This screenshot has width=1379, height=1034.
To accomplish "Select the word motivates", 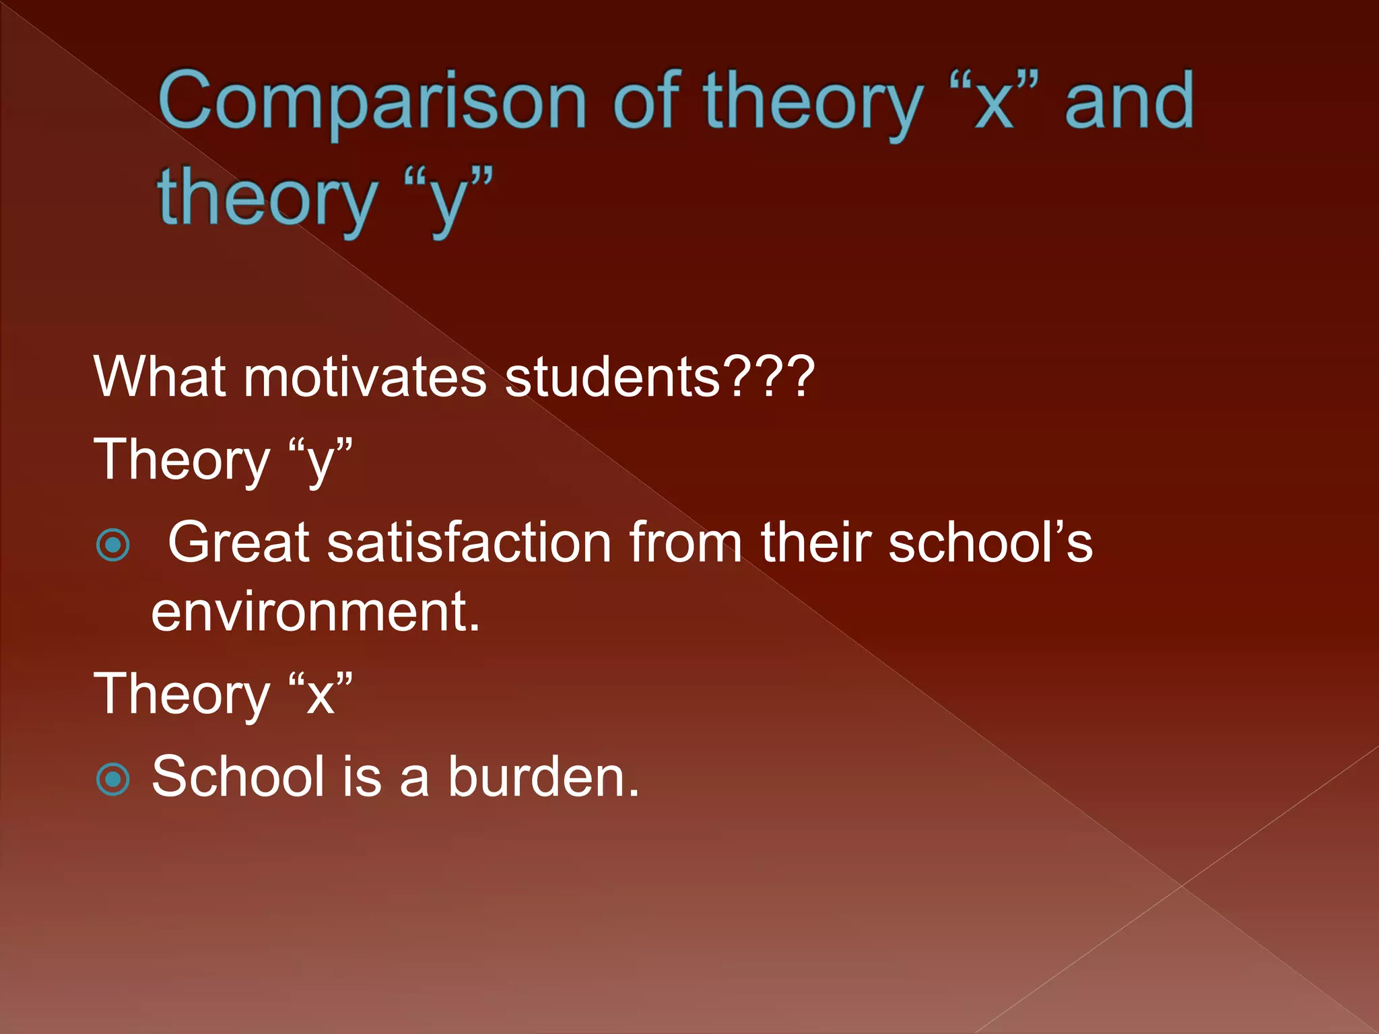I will click(x=364, y=377).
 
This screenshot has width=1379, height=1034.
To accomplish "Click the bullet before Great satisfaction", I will click(x=113, y=545).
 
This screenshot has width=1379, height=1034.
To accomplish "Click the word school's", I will click(x=990, y=543).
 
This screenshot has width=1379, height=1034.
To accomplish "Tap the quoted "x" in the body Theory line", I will click(x=321, y=695).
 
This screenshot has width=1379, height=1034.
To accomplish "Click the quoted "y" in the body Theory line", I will click(x=321, y=462).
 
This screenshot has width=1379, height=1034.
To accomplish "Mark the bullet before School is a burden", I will click(x=113, y=780).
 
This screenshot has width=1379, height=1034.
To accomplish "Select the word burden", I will click(x=543, y=777).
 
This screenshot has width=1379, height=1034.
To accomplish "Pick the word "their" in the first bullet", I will click(x=815, y=543).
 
